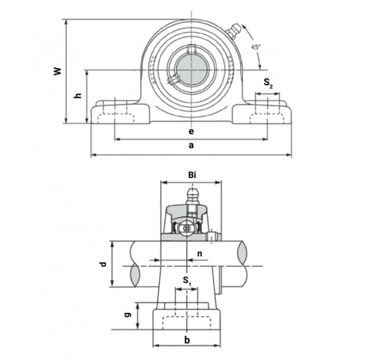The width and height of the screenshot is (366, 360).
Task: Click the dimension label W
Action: point(57,71)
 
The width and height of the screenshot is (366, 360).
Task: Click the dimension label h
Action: point(77,95)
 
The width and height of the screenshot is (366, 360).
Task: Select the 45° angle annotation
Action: point(255,47)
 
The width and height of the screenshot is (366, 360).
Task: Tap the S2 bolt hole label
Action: point(268,83)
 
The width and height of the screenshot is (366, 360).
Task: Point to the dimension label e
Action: point(191,132)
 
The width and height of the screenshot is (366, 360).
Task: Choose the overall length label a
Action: point(191,145)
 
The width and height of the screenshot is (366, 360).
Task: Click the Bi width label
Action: point(192,175)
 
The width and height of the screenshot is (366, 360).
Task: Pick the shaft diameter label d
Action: point(103,264)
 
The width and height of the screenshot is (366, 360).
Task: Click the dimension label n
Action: point(199,253)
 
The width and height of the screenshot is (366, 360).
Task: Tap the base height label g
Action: point(127,315)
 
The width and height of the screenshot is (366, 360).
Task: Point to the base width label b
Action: point(187,340)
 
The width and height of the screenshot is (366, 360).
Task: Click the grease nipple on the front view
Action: point(232,30)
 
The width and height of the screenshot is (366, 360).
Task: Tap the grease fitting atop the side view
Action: point(192,196)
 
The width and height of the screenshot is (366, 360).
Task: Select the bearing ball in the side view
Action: point(186,228)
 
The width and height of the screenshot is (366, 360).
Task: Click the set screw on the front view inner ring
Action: point(173,79)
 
